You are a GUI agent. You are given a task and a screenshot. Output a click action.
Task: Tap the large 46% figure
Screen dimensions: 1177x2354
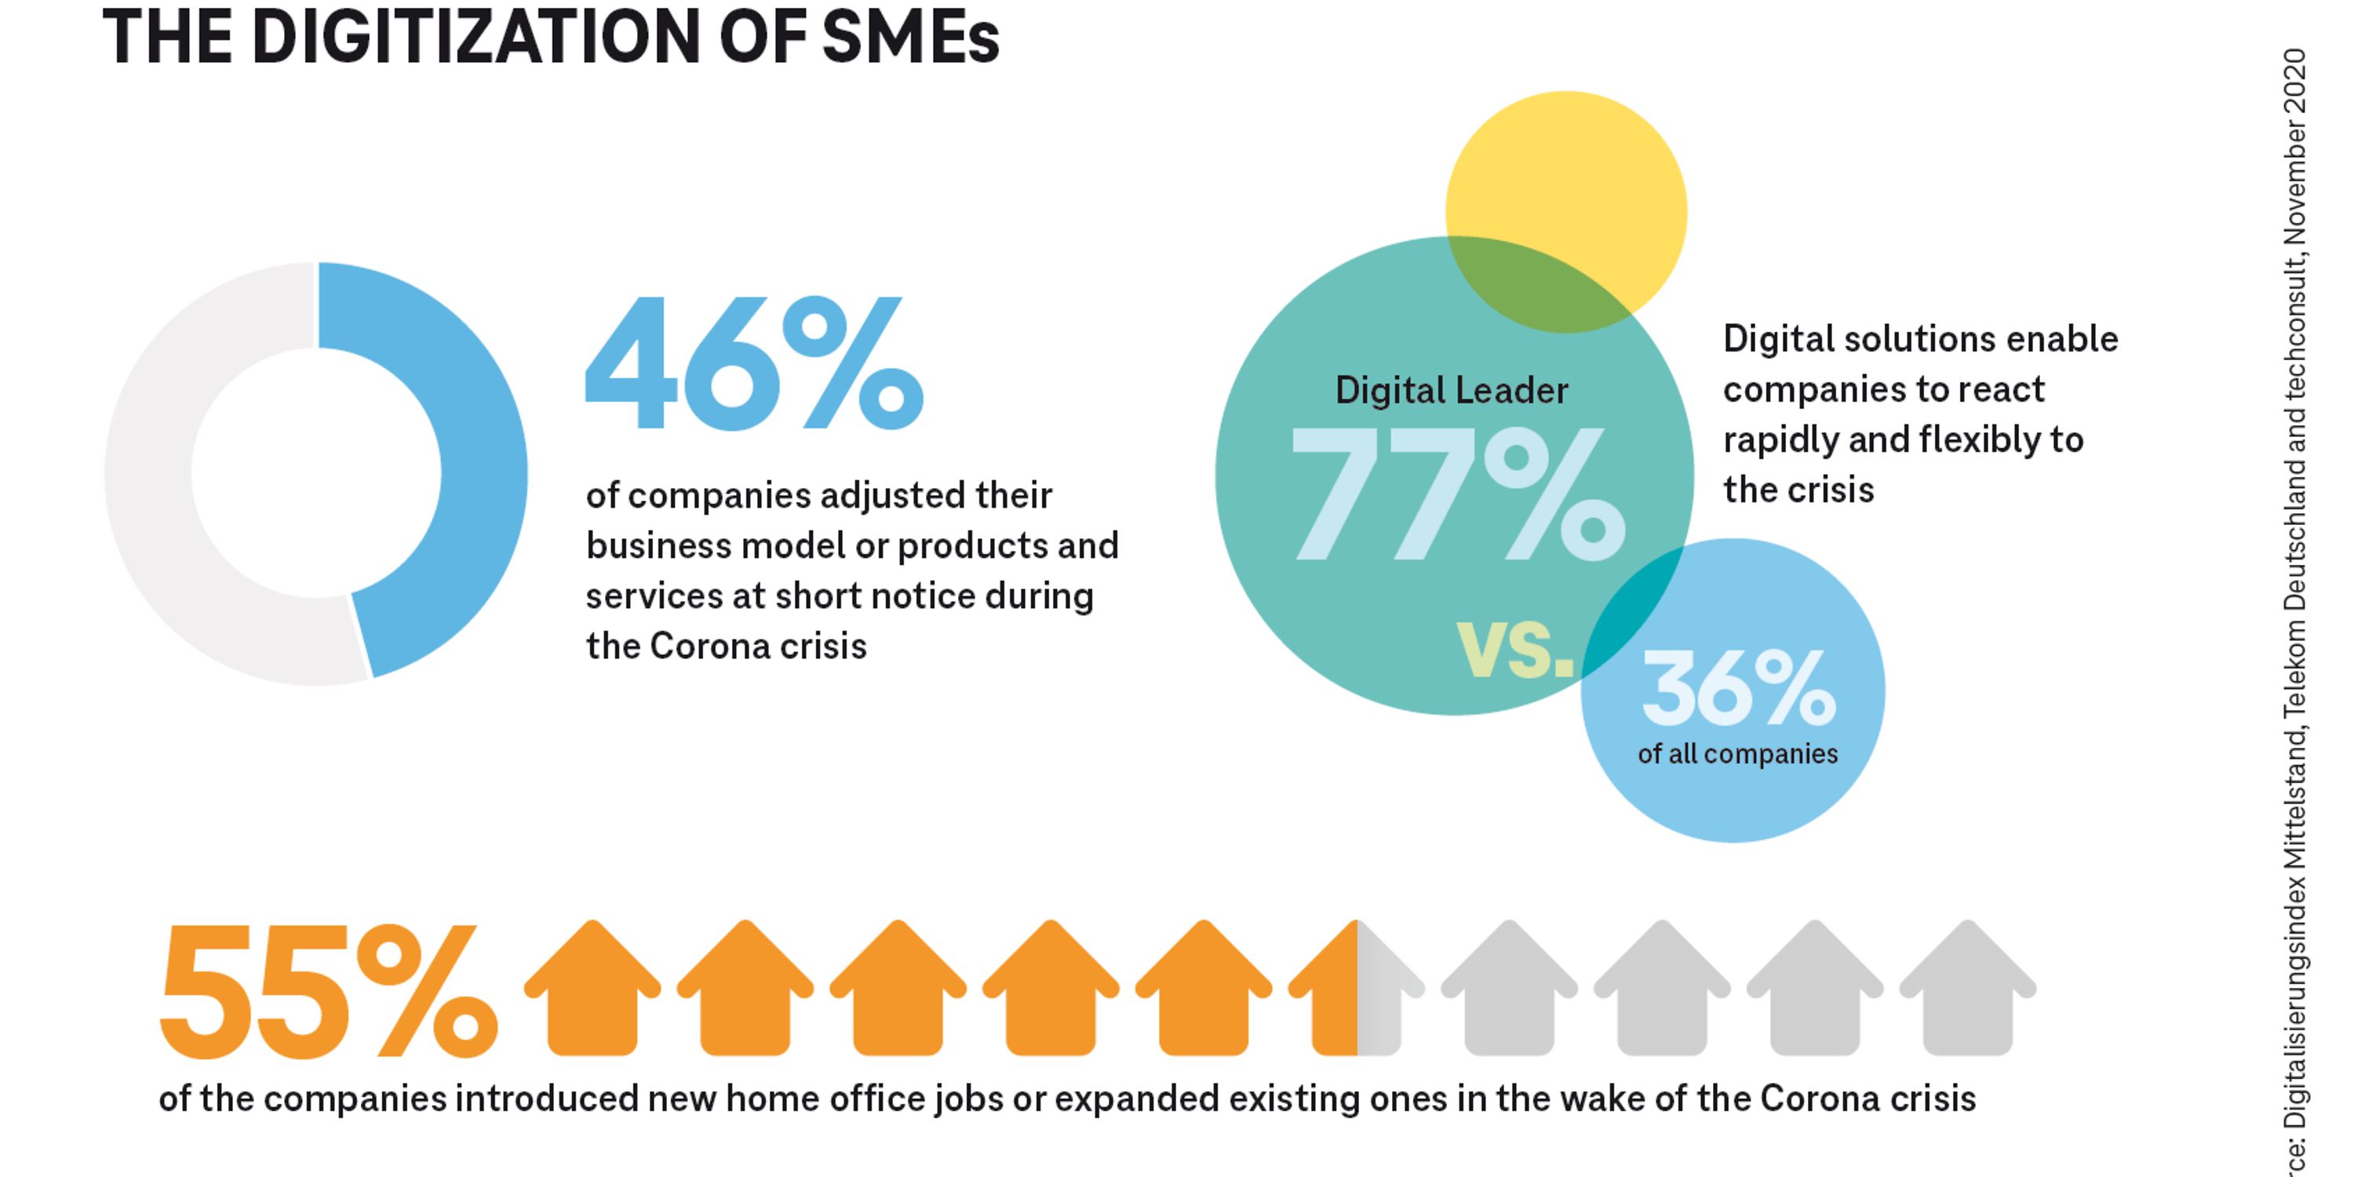click(754, 364)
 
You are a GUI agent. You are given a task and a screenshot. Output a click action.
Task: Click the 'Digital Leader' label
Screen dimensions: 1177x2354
click(1451, 391)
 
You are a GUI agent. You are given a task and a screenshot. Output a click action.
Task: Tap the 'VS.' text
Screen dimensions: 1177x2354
click(1515, 649)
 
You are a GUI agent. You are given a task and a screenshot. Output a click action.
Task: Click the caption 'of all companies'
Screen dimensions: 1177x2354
click(1737, 754)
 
